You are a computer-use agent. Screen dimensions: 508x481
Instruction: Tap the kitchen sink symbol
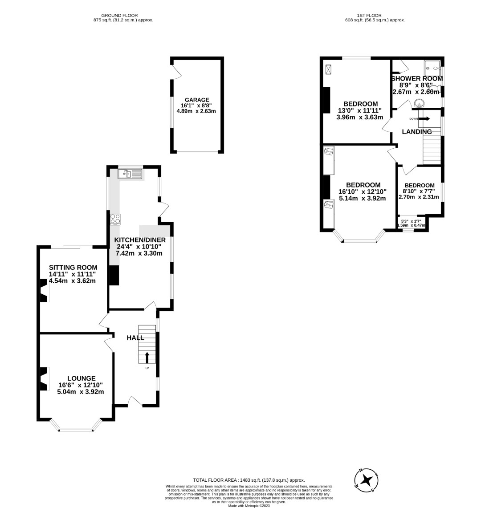130,174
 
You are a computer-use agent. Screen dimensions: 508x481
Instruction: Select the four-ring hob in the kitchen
115,219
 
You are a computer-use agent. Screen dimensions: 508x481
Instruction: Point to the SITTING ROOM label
73,267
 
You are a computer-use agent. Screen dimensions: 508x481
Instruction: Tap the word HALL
135,338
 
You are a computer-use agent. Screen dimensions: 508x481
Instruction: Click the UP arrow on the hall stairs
147,357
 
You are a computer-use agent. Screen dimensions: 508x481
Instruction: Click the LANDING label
417,132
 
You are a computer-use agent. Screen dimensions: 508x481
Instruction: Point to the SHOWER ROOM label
417,78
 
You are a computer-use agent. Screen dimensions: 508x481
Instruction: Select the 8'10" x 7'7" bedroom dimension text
419,191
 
